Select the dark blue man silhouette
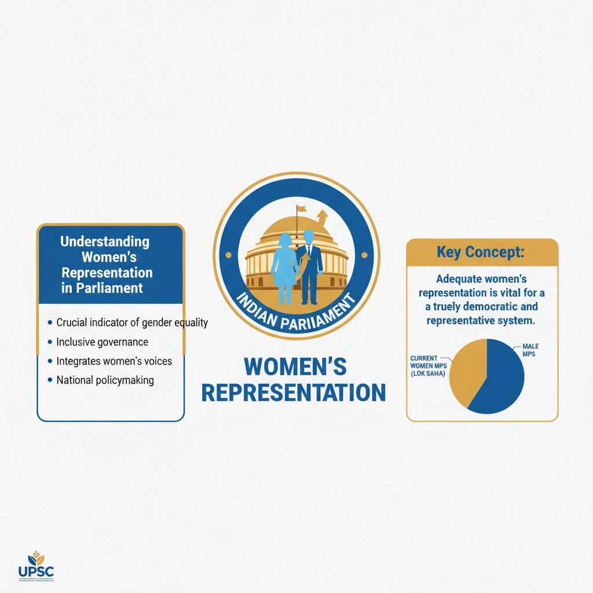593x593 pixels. click(x=309, y=266)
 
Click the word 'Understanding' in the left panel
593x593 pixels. click(x=104, y=241)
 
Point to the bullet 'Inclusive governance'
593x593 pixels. click(x=102, y=342)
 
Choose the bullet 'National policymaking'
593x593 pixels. click(x=105, y=380)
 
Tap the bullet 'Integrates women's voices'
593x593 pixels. click(x=114, y=361)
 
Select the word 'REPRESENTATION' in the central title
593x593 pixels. click(x=293, y=393)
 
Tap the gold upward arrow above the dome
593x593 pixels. click(x=322, y=218)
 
